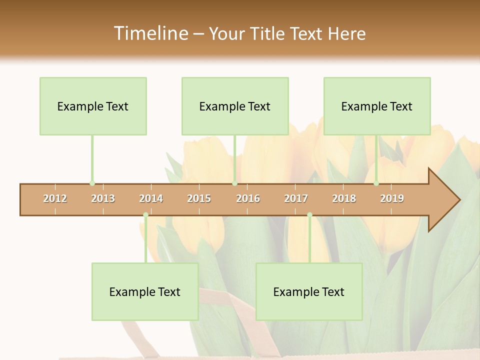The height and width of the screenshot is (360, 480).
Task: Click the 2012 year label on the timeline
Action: pyautogui.click(x=55, y=198)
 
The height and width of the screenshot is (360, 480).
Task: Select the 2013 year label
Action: pyautogui.click(x=103, y=198)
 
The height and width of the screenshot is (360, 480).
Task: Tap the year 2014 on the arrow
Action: pyautogui.click(x=151, y=198)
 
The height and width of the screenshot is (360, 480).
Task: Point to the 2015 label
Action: pyautogui.click(x=199, y=198)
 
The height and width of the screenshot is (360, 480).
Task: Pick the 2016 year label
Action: pyautogui.click(x=248, y=198)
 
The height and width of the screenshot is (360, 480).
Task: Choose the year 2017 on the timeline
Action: pyautogui.click(x=296, y=198)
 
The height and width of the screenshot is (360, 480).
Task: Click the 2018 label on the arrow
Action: pyautogui.click(x=344, y=198)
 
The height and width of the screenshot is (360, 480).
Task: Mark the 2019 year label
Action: pyautogui.click(x=392, y=198)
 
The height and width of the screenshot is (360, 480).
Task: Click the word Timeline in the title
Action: pyautogui.click(x=150, y=33)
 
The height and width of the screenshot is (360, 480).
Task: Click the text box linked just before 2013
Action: pyautogui.click(x=93, y=106)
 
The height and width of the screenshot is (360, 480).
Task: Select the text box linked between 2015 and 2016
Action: pyautogui.click(x=235, y=106)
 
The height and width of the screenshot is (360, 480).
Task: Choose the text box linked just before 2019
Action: pyautogui.click(x=377, y=106)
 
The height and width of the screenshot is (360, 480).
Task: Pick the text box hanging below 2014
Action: pyautogui.click(x=145, y=291)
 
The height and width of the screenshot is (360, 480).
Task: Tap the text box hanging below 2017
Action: pyautogui.click(x=309, y=291)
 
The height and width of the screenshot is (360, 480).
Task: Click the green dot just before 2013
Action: pyautogui.click(x=92, y=183)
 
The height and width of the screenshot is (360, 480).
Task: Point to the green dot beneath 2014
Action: pyautogui.click(x=145, y=215)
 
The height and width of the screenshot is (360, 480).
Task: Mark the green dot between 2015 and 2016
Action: pyautogui.click(x=234, y=183)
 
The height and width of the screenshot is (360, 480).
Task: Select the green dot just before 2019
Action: pyautogui.click(x=376, y=183)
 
